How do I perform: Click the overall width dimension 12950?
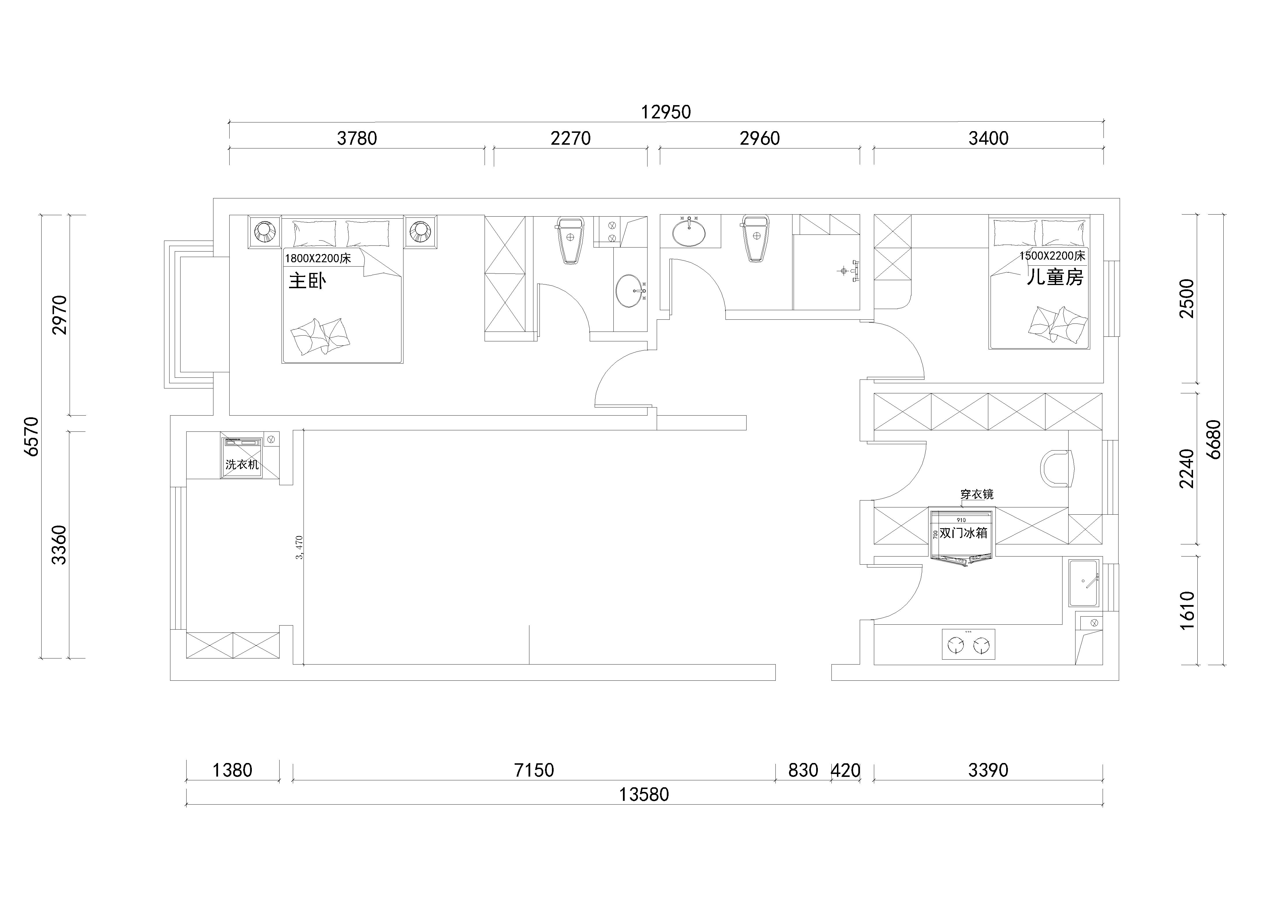[666, 112]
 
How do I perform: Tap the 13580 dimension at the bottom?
[644, 794]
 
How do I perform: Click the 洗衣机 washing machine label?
[242, 464]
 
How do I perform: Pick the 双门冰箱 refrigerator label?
[963, 533]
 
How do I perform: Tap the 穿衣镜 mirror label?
[977, 494]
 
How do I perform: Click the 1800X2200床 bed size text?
[318, 258]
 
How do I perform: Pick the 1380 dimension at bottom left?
[232, 771]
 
